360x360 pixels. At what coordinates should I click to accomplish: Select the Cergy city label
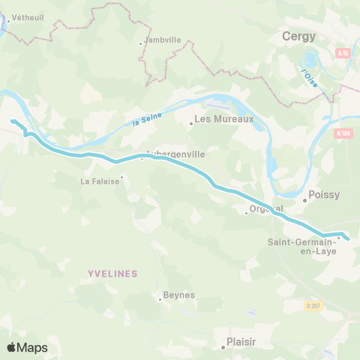click(298, 36)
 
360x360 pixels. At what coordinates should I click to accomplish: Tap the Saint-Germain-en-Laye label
click(302, 246)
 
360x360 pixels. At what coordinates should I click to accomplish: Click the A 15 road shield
click(343, 53)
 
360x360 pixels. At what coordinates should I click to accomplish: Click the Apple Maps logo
click(27, 347)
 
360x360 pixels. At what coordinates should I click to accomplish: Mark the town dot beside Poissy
click(304, 200)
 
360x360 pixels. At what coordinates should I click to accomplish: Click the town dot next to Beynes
click(160, 300)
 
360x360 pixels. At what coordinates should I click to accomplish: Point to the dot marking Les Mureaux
click(191, 124)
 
